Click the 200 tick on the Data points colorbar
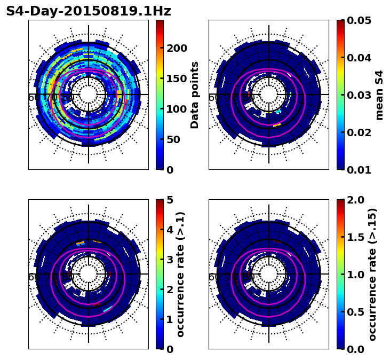177,48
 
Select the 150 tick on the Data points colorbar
177,79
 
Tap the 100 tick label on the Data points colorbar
177,109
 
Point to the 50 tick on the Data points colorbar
173,139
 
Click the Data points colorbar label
195,95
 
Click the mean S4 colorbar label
379,95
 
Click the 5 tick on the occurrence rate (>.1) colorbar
169,200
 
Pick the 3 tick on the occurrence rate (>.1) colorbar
169,260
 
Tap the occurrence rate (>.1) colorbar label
180,274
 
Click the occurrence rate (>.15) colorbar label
372,274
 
